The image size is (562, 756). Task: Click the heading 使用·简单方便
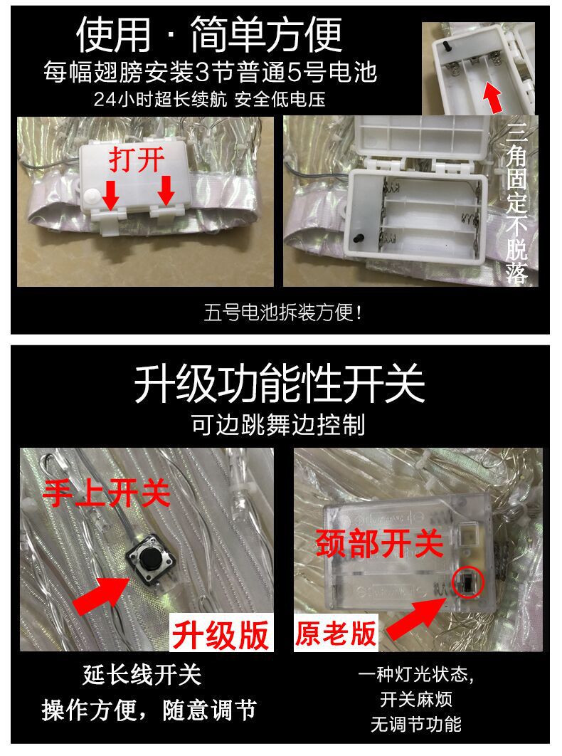click(209, 35)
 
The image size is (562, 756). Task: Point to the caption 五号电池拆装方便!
click(279, 312)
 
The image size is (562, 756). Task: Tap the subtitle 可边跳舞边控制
click(279, 425)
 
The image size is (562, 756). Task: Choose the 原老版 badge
click(336, 631)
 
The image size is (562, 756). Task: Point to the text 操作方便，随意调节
click(149, 710)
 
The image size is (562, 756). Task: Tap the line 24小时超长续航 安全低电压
click(209, 99)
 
